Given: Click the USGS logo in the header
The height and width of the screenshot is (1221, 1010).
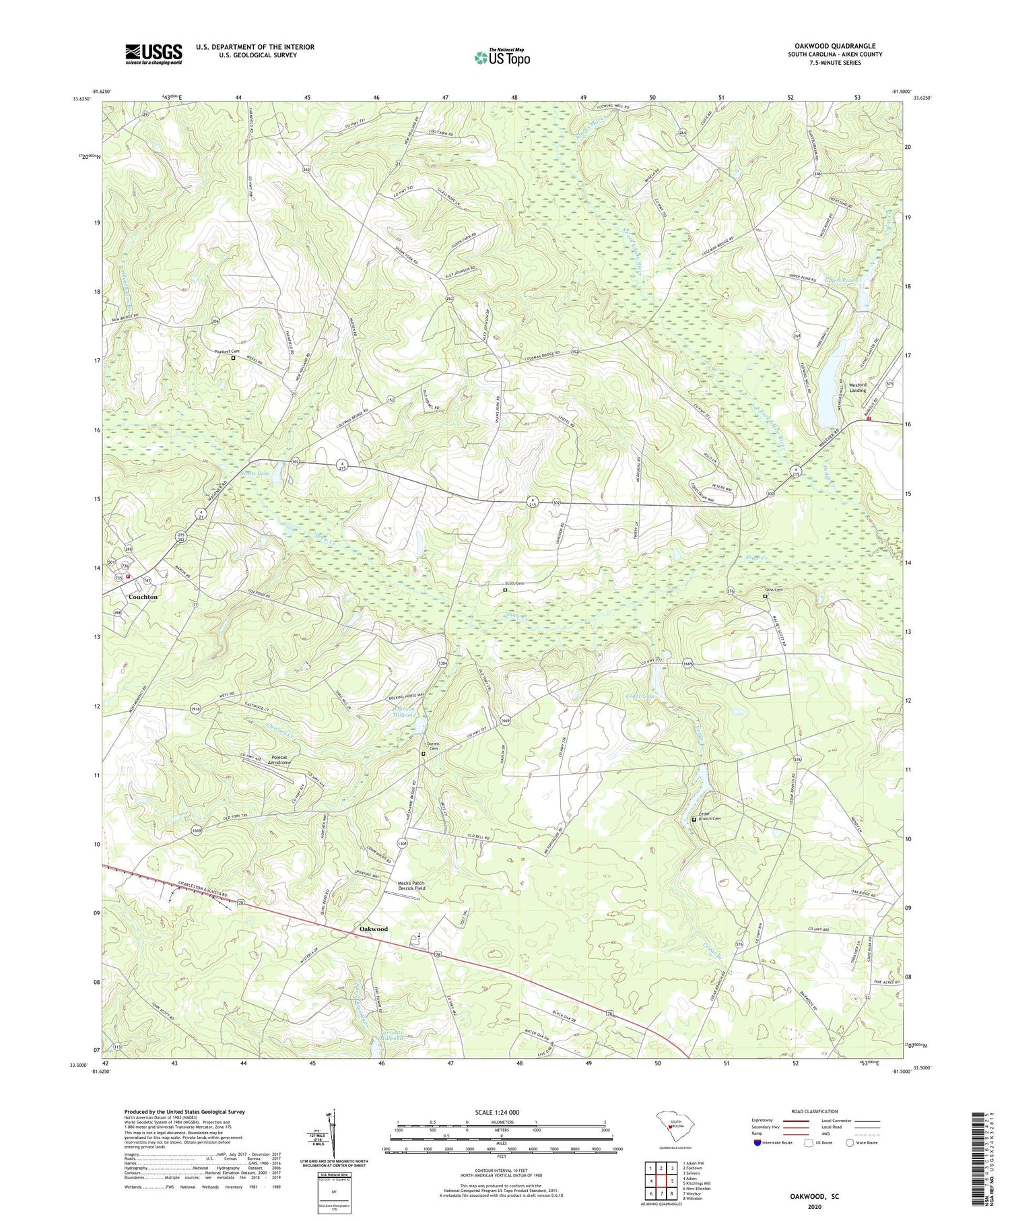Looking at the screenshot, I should click(x=154, y=54).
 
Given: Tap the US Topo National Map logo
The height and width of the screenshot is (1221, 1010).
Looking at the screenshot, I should click(x=502, y=57).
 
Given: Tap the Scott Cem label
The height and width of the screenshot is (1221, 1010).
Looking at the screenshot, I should click(x=514, y=583).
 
